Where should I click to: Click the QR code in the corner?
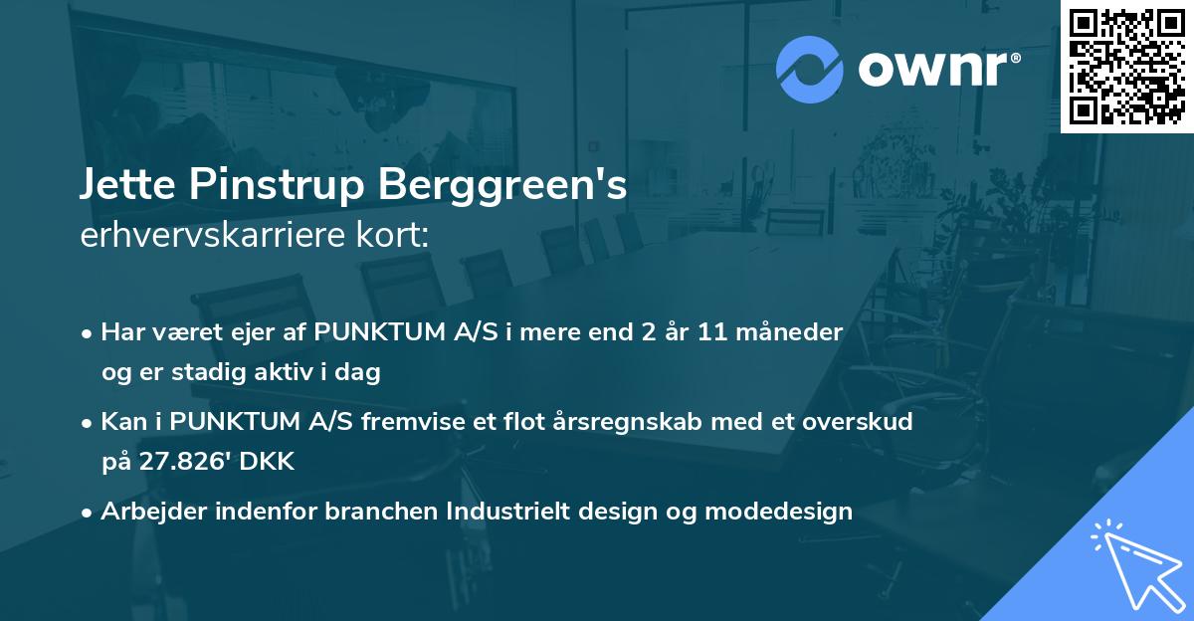click(x=1126, y=66)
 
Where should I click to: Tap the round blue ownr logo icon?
click(x=810, y=70)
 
